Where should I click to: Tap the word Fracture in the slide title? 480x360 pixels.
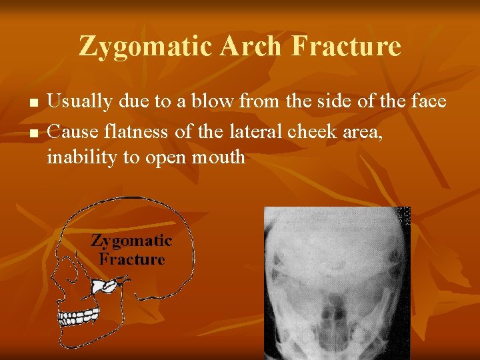pos(347,47)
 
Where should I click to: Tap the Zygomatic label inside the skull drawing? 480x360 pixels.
pos(131,241)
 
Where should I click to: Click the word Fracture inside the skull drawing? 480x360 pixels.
pos(131,259)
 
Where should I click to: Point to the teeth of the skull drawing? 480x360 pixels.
pos(79,316)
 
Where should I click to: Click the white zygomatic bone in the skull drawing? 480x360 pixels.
pos(106,287)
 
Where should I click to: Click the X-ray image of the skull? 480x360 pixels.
pos(337,283)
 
